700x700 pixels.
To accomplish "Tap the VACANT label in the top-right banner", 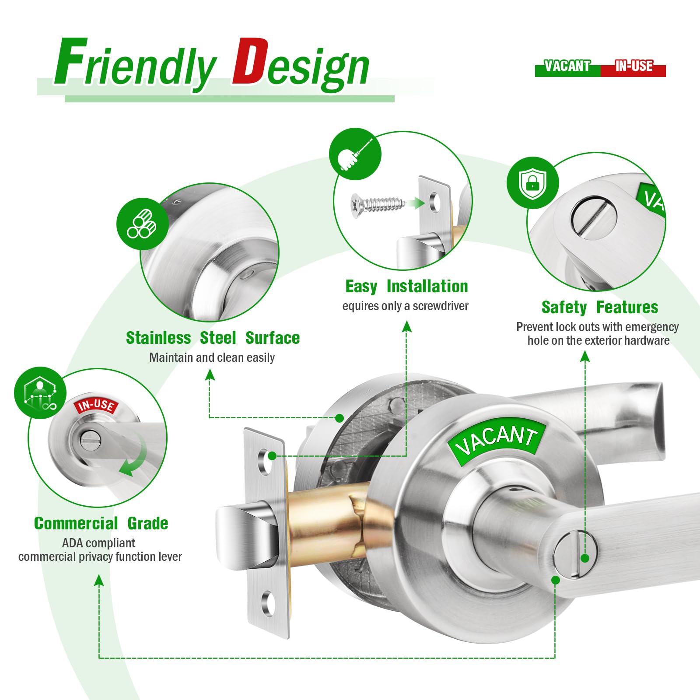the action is click(x=567, y=66).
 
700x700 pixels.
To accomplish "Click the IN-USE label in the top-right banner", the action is click(x=634, y=66).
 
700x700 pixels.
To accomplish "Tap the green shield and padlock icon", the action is click(x=532, y=183).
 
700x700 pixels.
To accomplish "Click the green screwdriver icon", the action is click(x=355, y=154).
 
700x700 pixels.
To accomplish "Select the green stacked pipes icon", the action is click(x=143, y=224).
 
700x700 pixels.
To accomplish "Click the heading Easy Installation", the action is click(x=406, y=287).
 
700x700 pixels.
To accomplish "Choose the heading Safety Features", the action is click(x=599, y=307).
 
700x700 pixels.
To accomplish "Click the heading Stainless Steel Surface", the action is click(x=213, y=338).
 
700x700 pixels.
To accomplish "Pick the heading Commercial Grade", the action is click(x=101, y=523).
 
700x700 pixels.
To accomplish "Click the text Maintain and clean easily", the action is click(x=212, y=357).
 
